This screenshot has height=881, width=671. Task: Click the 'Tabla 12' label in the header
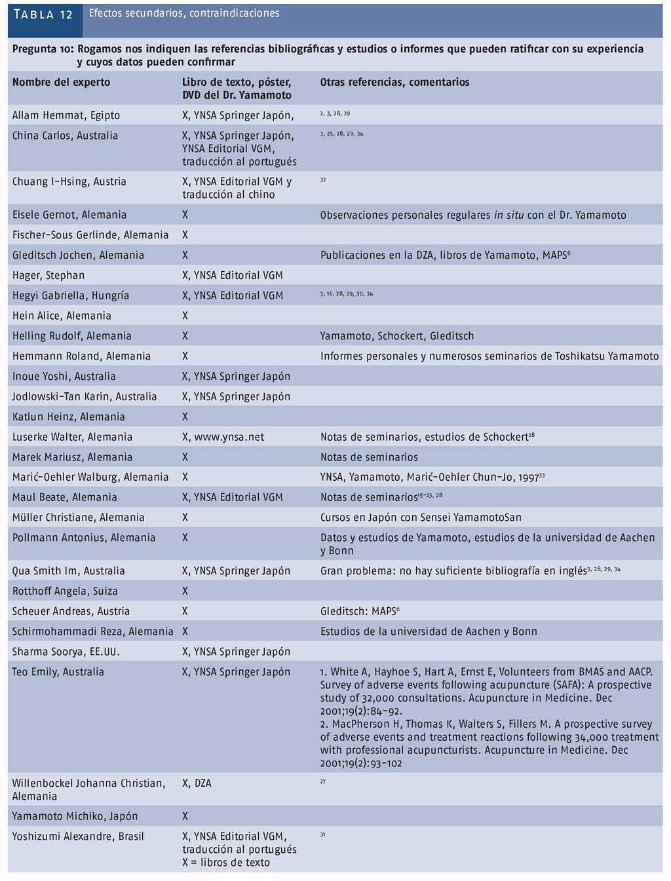(x=44, y=14)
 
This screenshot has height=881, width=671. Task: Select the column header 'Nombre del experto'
(x=61, y=82)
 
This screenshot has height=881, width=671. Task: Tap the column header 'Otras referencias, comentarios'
(x=394, y=82)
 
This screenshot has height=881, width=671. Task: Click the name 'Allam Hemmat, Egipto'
(x=66, y=115)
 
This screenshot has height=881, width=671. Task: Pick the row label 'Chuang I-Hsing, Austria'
(x=69, y=181)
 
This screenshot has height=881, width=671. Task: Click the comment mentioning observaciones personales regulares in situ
(x=472, y=215)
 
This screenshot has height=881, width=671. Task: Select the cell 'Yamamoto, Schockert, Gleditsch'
(x=396, y=336)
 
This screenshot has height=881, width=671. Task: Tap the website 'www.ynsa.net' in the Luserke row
(x=229, y=437)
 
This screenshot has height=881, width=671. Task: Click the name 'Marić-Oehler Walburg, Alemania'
(x=90, y=477)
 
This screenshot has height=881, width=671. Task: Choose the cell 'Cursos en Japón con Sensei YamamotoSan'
(x=421, y=517)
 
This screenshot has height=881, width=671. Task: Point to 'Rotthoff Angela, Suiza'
(x=65, y=591)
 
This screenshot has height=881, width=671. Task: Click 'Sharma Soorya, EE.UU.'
(x=66, y=652)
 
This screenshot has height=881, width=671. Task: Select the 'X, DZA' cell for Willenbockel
(x=197, y=783)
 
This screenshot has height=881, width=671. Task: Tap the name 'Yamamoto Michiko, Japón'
(x=75, y=816)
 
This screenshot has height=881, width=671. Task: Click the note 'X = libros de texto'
(x=226, y=863)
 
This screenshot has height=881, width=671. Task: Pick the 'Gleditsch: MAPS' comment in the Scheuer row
(x=358, y=611)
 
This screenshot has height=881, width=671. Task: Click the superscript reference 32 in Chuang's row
(x=323, y=179)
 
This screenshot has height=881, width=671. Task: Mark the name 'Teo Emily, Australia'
(x=58, y=671)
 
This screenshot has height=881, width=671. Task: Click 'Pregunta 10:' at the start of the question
(x=43, y=49)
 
